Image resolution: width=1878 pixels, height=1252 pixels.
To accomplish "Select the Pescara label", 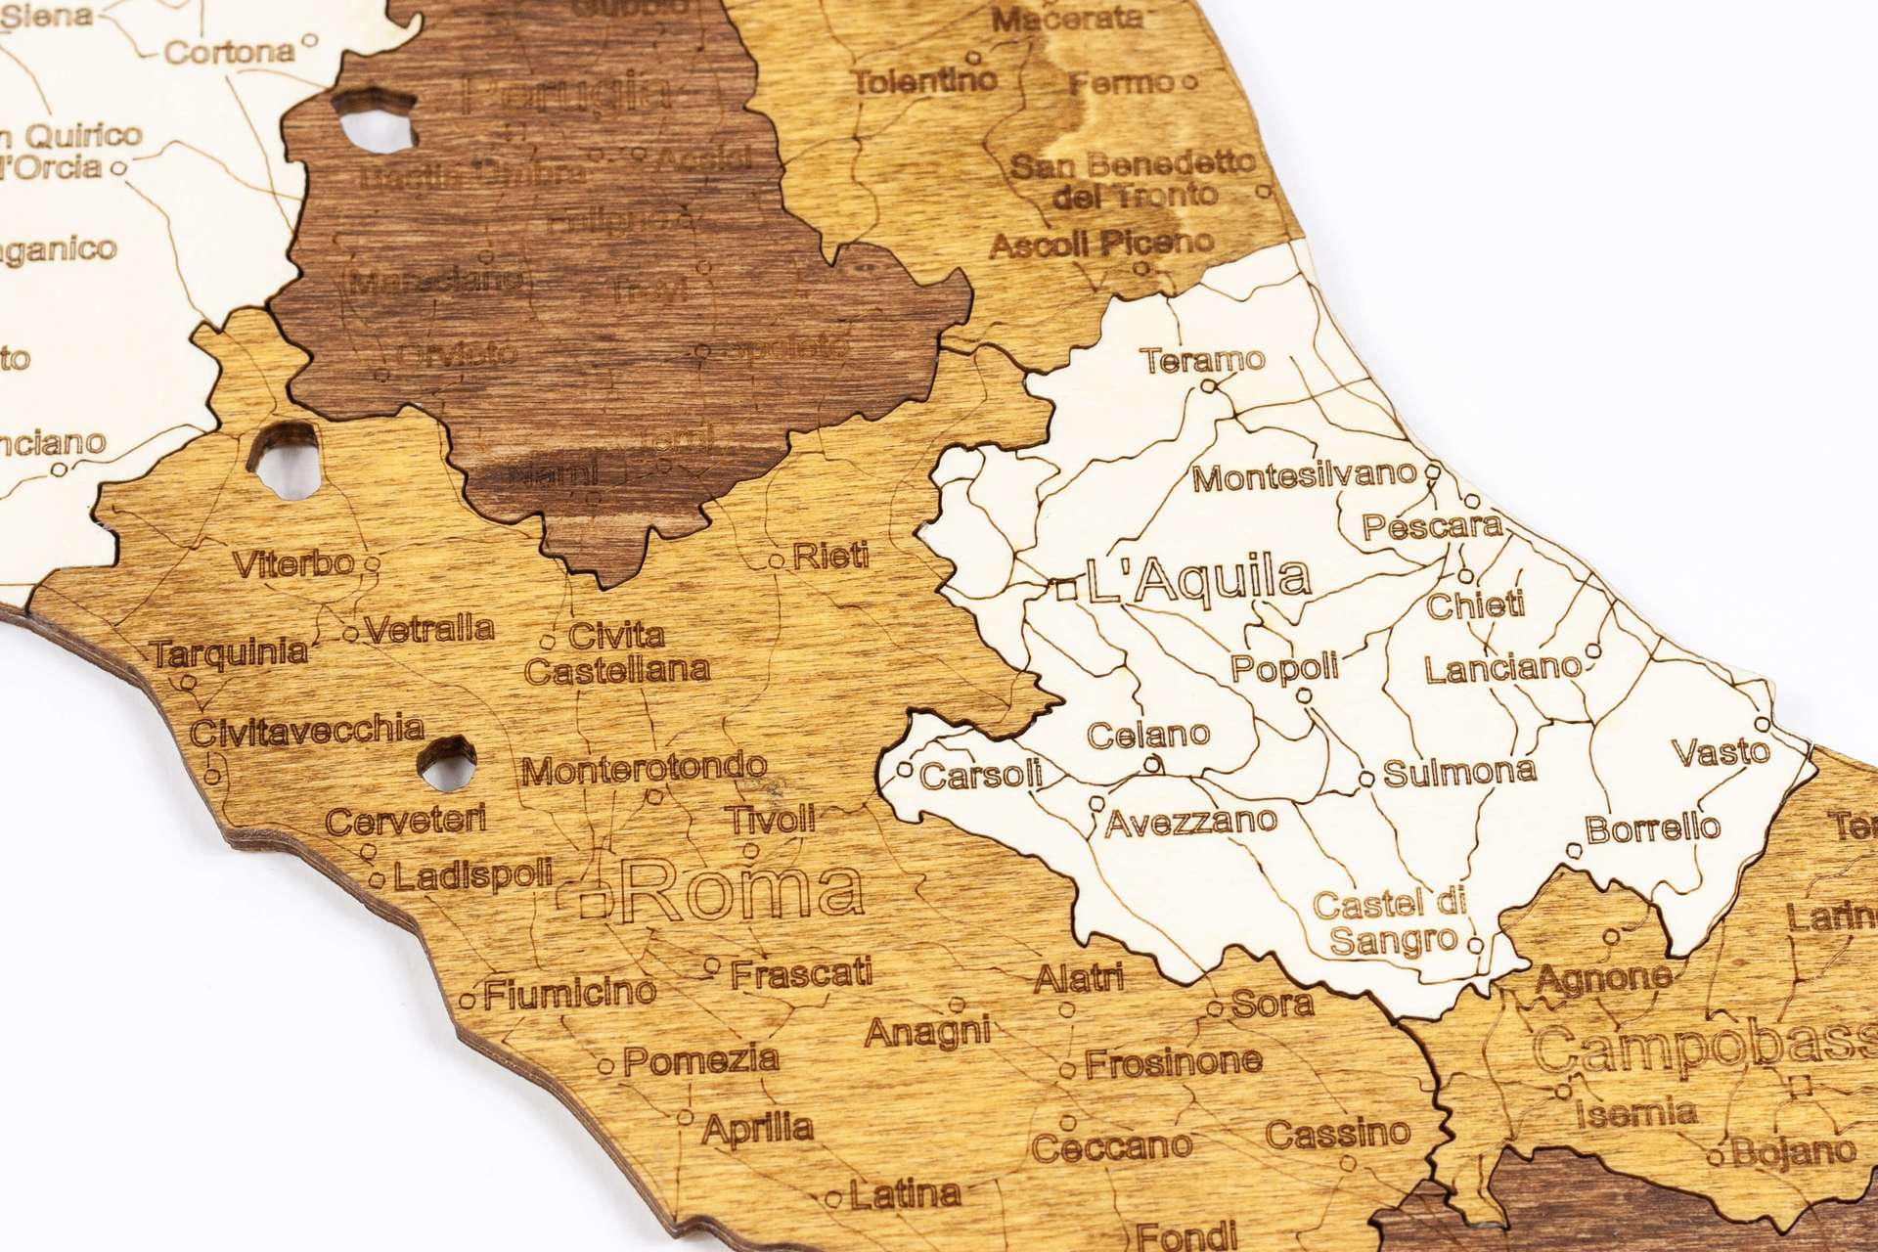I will click(x=1432, y=527).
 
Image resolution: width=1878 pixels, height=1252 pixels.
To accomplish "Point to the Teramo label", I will click(x=1203, y=360).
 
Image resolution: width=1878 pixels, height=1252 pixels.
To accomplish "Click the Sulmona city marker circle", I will click(x=1366, y=780).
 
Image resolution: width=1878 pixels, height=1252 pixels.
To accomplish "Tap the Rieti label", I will click(x=830, y=557).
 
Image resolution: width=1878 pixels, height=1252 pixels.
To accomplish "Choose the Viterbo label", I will click(x=293, y=563).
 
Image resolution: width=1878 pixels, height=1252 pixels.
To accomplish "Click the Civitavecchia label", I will click(x=307, y=730).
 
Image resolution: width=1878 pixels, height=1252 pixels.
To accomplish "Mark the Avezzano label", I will click(x=1191, y=821).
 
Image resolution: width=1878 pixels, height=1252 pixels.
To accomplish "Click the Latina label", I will click(x=905, y=1193).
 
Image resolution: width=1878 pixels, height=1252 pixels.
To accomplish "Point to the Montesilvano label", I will click(x=1305, y=477).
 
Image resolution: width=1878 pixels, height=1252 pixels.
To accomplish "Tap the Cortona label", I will click(x=229, y=51).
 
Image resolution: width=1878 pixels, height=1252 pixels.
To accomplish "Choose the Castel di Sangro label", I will click(x=1390, y=922).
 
